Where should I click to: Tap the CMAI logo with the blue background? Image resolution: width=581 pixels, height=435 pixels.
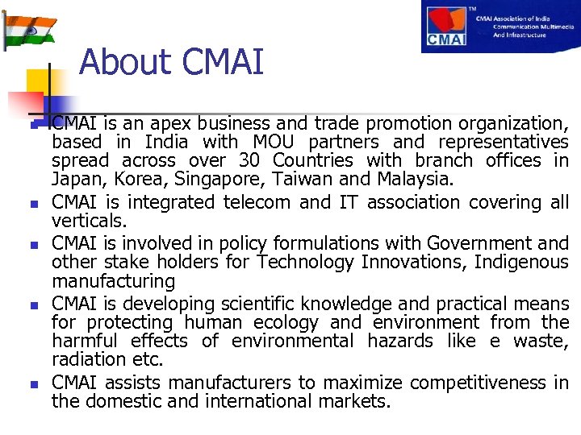(x=500, y=27)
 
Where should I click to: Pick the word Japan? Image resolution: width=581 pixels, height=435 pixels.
(x=73, y=180)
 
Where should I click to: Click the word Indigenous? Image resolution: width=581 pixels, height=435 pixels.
(x=520, y=263)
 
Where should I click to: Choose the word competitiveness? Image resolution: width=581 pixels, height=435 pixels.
(x=477, y=383)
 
